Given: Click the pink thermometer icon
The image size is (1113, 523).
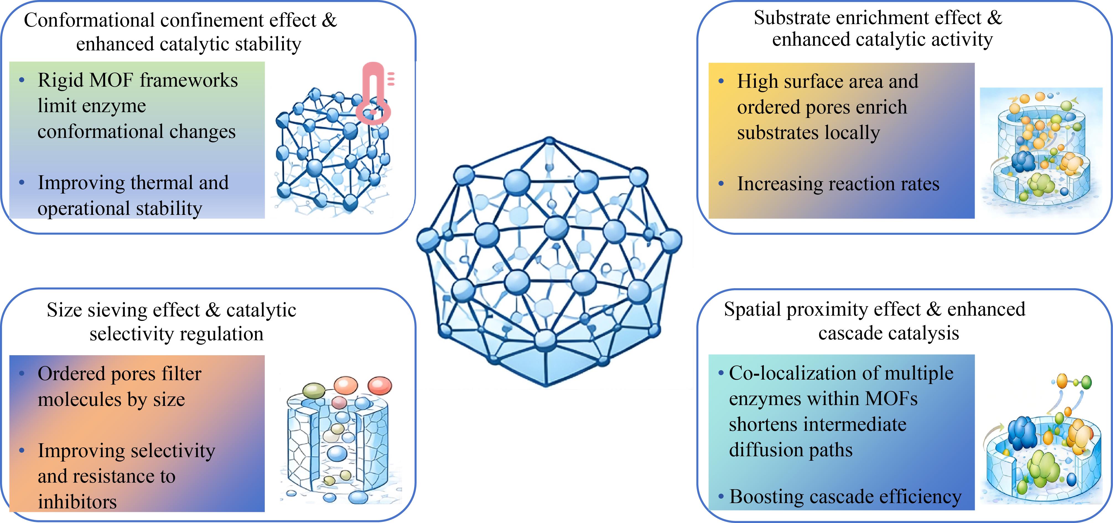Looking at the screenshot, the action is (x=374, y=93).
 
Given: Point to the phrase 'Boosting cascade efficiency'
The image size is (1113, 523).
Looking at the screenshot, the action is (x=845, y=497).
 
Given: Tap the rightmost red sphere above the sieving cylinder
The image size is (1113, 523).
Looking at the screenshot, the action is (x=380, y=386).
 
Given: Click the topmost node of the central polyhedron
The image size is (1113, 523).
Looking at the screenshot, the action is (x=550, y=141).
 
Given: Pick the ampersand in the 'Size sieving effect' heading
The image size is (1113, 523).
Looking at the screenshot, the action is (x=213, y=310).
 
